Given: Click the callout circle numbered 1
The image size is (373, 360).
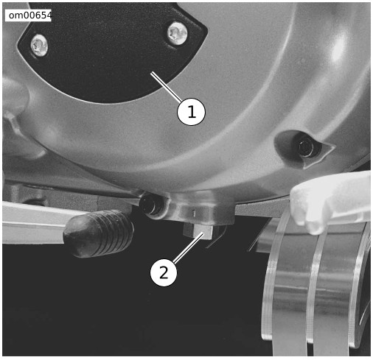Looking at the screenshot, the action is pos(191,112).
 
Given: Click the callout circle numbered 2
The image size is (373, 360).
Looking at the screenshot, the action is pos(164,272).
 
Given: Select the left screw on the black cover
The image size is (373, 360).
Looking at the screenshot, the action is pos(39,46).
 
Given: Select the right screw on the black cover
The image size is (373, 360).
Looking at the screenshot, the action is pos(177,34).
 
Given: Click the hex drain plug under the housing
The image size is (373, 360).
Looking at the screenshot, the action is pos(198,232).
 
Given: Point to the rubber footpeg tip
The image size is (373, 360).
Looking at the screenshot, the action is pos(98,233).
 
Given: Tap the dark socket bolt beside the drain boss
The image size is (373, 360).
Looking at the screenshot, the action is pos(151,205).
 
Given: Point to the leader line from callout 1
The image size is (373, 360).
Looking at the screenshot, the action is pos(166,87).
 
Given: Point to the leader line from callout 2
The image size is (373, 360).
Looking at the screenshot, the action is pos(189,248).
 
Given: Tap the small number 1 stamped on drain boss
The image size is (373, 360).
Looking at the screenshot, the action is pos(194,213).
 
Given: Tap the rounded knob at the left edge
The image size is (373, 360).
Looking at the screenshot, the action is pos(15,96).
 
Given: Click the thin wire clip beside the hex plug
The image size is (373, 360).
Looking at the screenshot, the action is pos(216,237).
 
